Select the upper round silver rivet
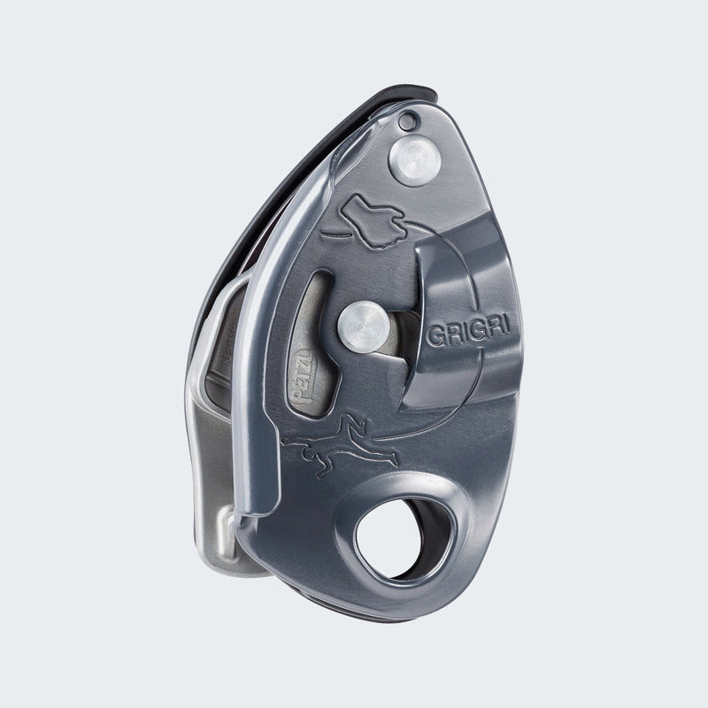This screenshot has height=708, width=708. click(x=414, y=162)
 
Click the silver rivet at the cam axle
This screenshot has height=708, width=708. click(x=364, y=326)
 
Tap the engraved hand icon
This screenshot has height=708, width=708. click(x=373, y=220)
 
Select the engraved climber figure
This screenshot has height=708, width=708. click(x=340, y=444)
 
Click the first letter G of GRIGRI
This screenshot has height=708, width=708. click(x=435, y=336)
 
